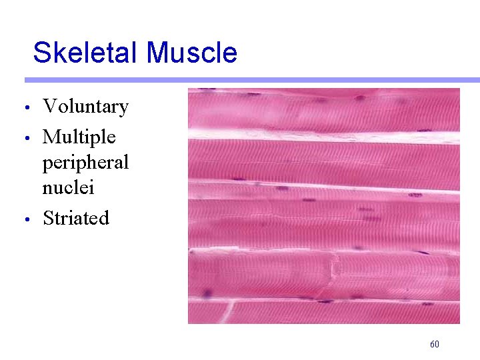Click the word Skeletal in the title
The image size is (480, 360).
click(x=87, y=53)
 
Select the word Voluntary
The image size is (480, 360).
click(x=85, y=107)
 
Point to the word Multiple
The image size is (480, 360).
click(x=79, y=137)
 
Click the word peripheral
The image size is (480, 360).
click(x=85, y=163)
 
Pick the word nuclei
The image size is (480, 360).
click(x=68, y=187)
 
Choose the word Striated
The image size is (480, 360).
click(x=75, y=218)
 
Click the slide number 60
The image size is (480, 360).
click(x=434, y=345)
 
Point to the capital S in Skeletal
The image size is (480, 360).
click(x=41, y=53)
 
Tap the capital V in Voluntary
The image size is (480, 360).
click(x=49, y=107)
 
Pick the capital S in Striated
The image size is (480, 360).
click(x=48, y=218)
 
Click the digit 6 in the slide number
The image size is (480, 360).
click(x=432, y=345)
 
